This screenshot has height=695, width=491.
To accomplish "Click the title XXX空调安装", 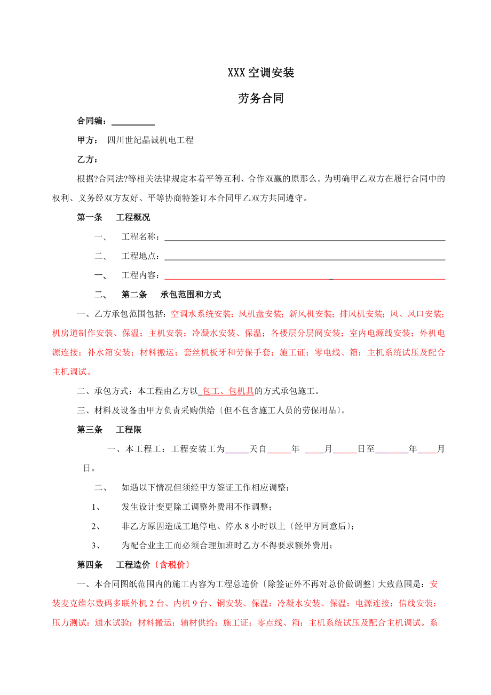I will tap(261, 73).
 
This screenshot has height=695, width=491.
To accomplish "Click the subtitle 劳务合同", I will tap(261, 99).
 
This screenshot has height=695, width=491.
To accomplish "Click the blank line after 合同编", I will tap(133, 122).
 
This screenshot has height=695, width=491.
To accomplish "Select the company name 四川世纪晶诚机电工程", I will tap(151, 140).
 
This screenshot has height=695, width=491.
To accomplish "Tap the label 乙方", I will tap(88, 160).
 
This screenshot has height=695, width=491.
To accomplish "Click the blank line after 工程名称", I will tap(304, 237).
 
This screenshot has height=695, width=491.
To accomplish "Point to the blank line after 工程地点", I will tap(304, 256).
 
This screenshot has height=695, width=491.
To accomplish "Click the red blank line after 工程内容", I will tap(304, 275).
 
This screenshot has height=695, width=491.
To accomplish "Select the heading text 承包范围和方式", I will tap(191, 295).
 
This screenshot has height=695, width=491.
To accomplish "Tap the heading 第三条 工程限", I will tap(109, 430).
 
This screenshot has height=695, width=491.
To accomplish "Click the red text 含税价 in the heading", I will tap(171, 565).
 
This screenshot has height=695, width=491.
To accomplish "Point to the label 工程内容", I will tap(140, 275).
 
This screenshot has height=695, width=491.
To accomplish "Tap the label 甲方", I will tap(88, 140).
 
